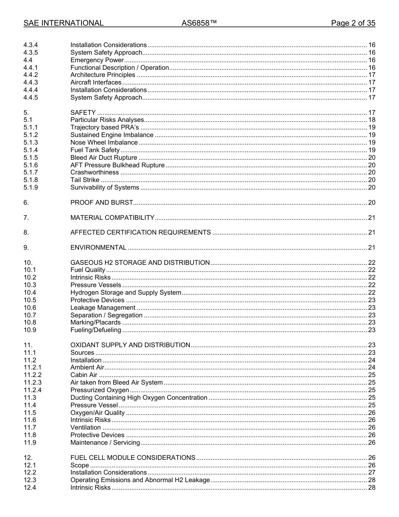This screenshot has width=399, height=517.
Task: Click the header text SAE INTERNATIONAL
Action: (63, 23)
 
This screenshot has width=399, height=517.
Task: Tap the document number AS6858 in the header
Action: (199, 23)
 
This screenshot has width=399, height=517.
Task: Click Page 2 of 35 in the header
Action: (353, 23)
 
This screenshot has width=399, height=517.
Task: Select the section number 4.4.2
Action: (31, 75)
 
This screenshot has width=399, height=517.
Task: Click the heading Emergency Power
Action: (97, 60)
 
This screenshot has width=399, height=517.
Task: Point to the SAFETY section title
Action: (83, 113)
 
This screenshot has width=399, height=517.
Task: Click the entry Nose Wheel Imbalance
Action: (104, 142)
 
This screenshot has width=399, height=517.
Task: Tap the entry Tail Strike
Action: (85, 180)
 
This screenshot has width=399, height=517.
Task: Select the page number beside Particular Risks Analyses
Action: (371, 120)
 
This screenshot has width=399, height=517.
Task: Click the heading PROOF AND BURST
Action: (102, 203)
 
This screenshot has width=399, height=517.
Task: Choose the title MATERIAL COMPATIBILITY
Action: (112, 218)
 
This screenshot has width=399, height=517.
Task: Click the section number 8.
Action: (26, 232)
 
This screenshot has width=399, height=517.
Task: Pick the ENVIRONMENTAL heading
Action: (98, 248)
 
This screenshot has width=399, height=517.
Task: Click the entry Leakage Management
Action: (102, 308)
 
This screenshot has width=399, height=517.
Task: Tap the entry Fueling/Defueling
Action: (96, 330)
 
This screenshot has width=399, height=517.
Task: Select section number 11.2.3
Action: (32, 383)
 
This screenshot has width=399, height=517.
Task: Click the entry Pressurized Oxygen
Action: (100, 390)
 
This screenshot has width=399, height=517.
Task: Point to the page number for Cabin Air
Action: (371, 375)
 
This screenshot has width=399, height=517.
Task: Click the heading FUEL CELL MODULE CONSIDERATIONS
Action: (133, 458)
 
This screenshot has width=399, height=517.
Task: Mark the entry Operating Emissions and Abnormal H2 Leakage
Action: (140, 480)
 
